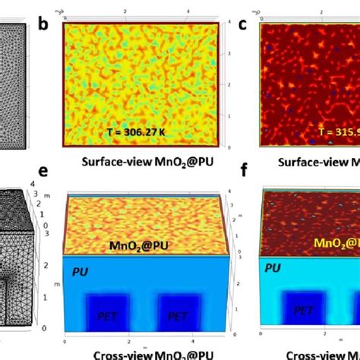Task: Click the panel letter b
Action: (44, 23)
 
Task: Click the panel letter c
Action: (243, 24)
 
